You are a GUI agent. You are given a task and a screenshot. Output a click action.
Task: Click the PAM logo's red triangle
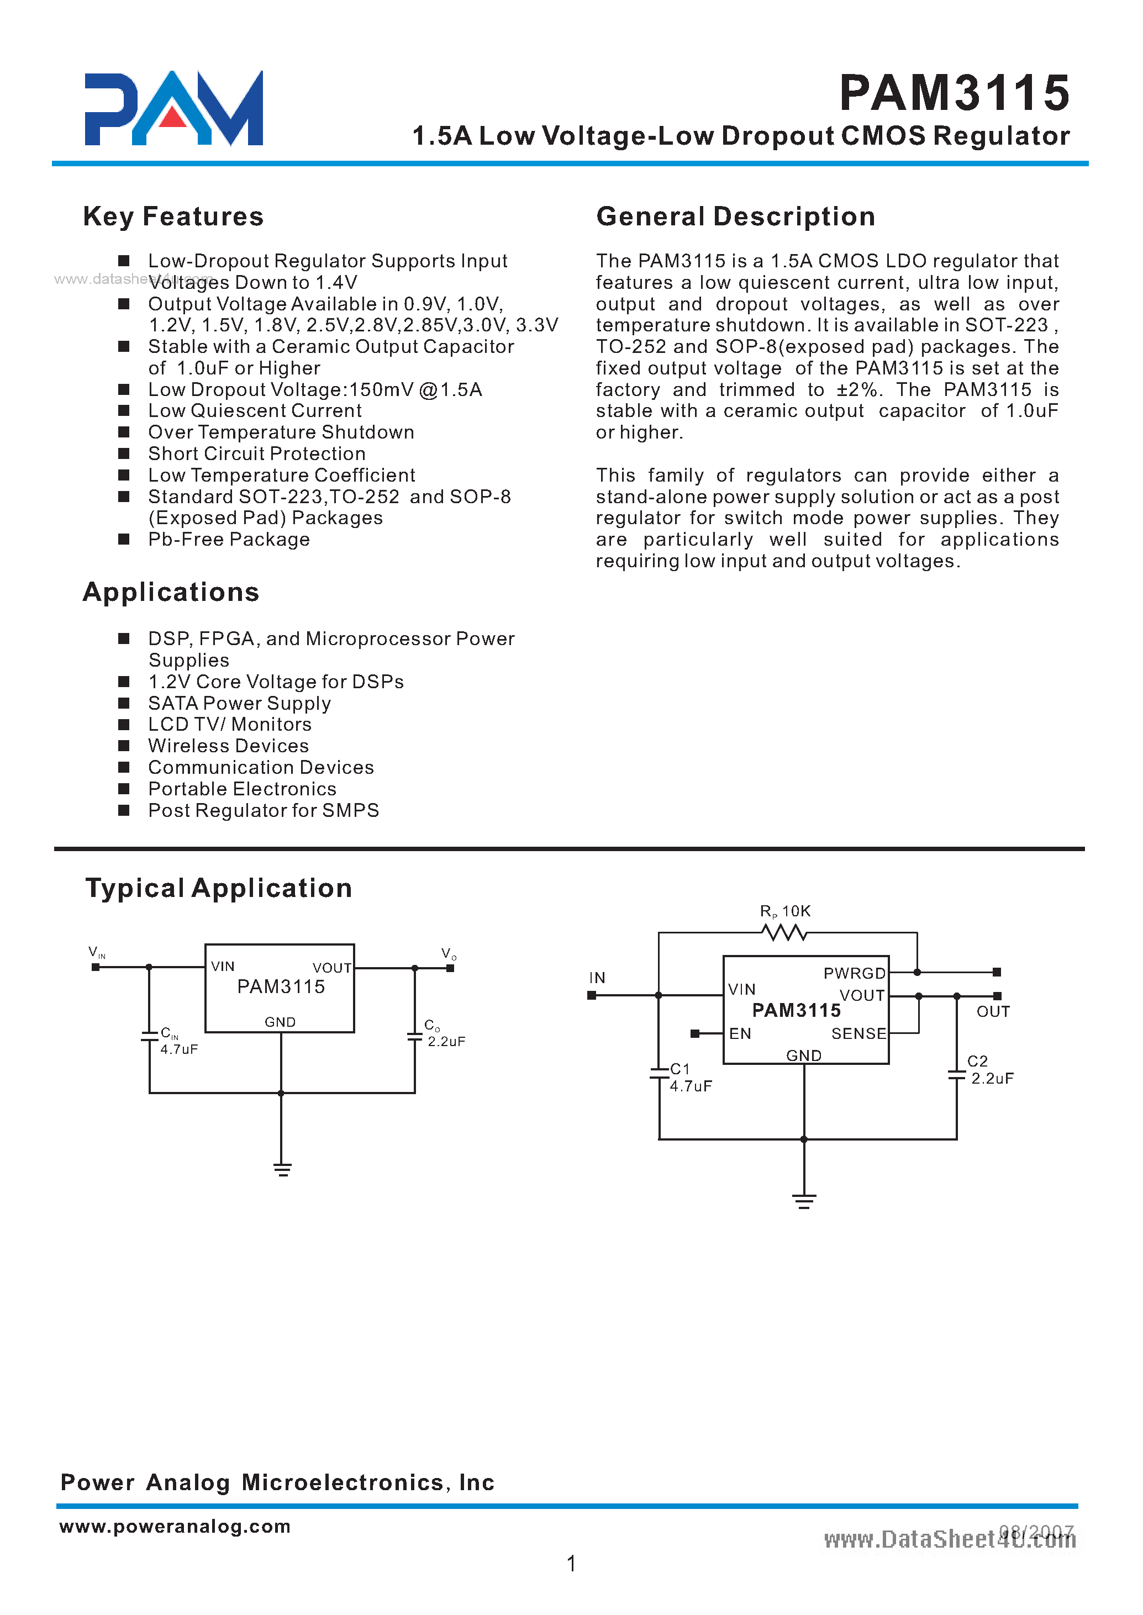pyautogui.click(x=173, y=118)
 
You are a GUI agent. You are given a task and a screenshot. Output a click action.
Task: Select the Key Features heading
pyautogui.click(x=173, y=217)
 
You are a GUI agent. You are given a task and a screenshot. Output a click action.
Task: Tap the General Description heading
pyautogui.click(x=735, y=217)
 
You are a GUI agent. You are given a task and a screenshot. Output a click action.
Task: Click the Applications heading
pyautogui.click(x=171, y=593)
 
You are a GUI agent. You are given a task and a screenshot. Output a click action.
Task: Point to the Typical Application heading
pyautogui.click(x=218, y=888)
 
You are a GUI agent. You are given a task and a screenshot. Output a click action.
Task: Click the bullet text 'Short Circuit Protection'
pyautogui.click(x=256, y=454)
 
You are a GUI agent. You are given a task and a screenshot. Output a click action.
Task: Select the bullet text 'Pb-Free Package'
pyautogui.click(x=229, y=540)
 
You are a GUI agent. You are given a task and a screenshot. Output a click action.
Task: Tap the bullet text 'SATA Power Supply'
pyautogui.click(x=239, y=704)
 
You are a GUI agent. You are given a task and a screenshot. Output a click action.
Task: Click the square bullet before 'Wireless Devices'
pyautogui.click(x=124, y=746)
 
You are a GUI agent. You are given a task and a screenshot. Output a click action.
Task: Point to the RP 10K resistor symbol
pyautogui.click(x=784, y=933)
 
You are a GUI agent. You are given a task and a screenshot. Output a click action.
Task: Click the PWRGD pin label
pyautogui.click(x=854, y=973)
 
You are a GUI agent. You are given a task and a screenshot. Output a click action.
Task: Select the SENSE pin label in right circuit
pyautogui.click(x=858, y=1034)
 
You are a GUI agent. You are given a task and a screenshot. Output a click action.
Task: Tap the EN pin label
pyautogui.click(x=740, y=1034)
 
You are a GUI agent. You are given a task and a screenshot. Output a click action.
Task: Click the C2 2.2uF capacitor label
pyautogui.click(x=989, y=1070)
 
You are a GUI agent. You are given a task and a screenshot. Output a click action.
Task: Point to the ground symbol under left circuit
pyautogui.click(x=282, y=1170)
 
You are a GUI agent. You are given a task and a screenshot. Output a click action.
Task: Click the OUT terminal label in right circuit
pyautogui.click(x=992, y=1012)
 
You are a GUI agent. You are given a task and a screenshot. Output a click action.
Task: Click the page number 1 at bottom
pyautogui.click(x=571, y=1564)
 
